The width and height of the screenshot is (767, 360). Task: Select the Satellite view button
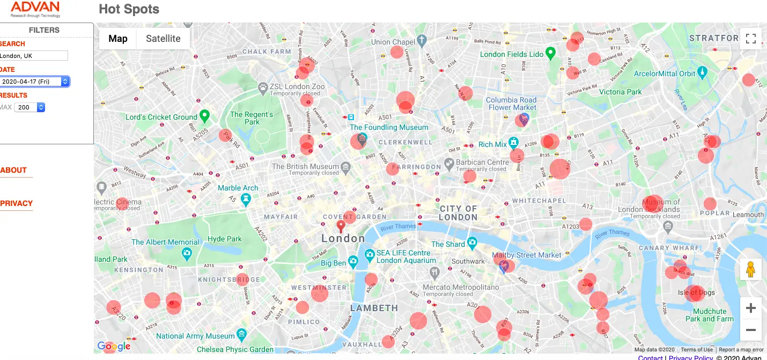click(x=163, y=39)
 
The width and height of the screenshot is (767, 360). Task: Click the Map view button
click(x=118, y=39)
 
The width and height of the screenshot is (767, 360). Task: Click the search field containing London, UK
click(x=33, y=56)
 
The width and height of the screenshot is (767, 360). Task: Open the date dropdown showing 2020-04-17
click(x=34, y=82)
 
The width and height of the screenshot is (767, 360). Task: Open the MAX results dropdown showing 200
click(x=29, y=107)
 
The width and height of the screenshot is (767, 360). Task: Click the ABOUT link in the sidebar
click(x=14, y=171)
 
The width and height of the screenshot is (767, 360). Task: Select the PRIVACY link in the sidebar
click(x=17, y=203)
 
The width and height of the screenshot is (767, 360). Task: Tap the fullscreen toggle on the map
click(x=750, y=39)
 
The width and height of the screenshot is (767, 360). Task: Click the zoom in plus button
click(x=750, y=308)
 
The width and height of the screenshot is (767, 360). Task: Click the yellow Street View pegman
click(x=750, y=269)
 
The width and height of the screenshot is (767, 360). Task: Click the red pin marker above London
click(x=340, y=226)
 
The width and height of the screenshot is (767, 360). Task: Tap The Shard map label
click(x=448, y=244)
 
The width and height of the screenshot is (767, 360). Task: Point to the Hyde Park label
click(x=225, y=239)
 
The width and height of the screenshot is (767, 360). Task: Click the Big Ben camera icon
click(x=353, y=262)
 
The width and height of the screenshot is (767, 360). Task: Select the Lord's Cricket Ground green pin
click(x=204, y=115)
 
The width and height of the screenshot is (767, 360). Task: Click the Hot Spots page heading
click(x=129, y=9)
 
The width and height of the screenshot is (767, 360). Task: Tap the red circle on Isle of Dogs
click(x=694, y=293)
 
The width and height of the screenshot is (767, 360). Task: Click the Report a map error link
click(x=741, y=350)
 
